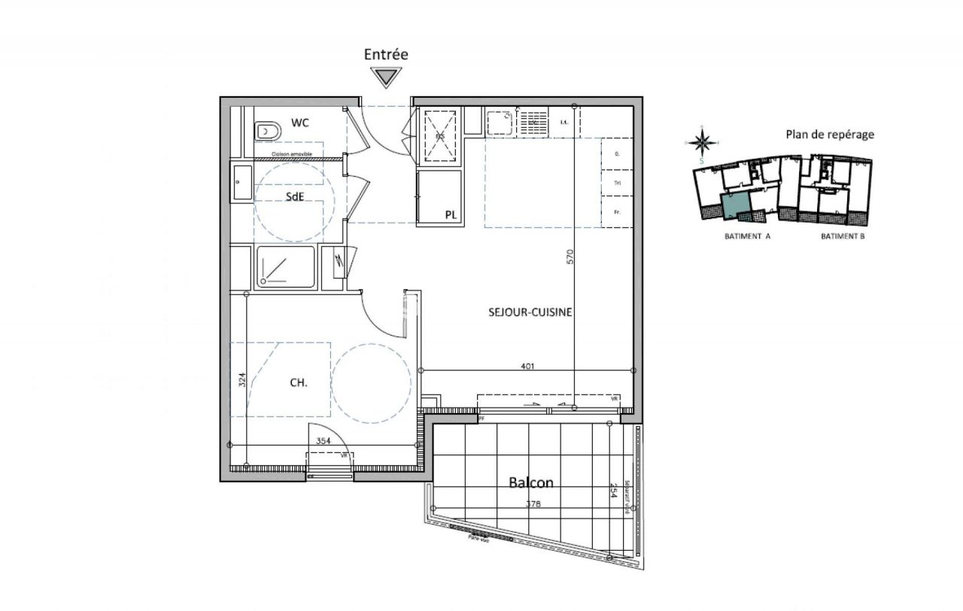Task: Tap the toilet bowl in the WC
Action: (x=266, y=132)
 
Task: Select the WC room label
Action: (x=300, y=122)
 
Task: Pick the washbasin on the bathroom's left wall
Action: (x=242, y=183)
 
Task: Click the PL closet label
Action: (x=451, y=214)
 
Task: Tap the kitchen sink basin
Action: (x=498, y=120)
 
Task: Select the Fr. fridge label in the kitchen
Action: (x=617, y=212)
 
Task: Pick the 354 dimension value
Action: (x=324, y=441)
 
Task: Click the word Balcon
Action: (x=530, y=483)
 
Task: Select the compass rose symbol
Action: (x=701, y=141)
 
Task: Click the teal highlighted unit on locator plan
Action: (x=735, y=204)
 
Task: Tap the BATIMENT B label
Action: (x=843, y=236)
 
